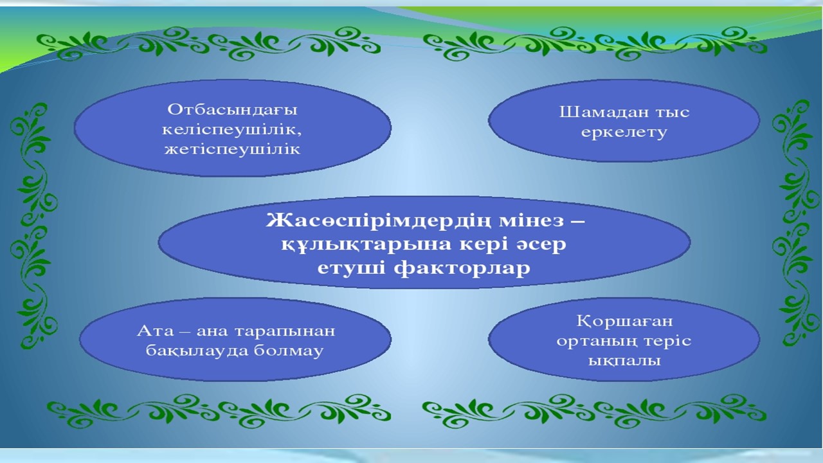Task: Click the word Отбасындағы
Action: tap(232, 110)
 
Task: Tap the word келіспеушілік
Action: tap(231, 130)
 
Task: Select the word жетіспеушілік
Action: tap(232, 149)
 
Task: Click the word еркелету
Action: tap(624, 132)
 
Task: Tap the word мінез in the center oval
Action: tap(531, 221)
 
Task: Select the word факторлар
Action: tap(462, 268)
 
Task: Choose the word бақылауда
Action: tap(197, 351)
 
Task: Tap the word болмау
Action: tap(289, 351)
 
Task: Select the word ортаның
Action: tap(593, 341)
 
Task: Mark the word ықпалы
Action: tap(624, 361)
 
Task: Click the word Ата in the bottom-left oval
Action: tap(155, 331)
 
